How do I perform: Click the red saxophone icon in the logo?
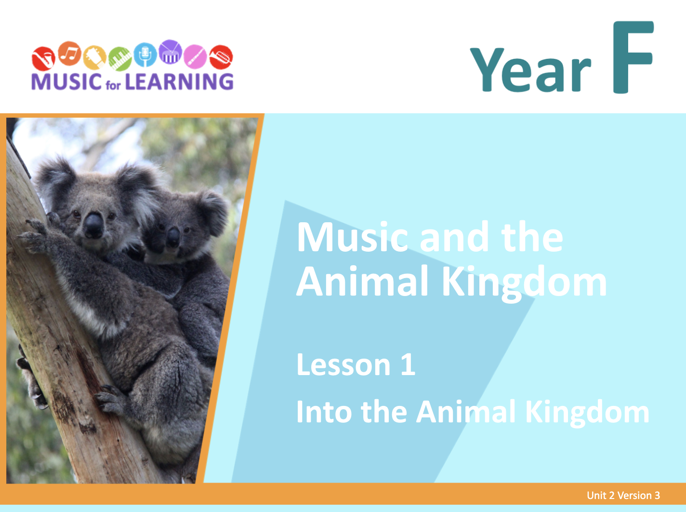coord(43,58)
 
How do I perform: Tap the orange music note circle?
coord(70,53)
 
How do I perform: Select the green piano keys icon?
coord(120,58)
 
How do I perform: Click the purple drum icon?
coord(170,52)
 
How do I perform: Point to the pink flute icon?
coord(195,56)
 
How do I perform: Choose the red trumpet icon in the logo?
coord(221,57)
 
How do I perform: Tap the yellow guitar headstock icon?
coord(95,57)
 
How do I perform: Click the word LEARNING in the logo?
coord(179,81)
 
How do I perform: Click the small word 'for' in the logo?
coord(113,85)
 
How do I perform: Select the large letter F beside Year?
coord(633,57)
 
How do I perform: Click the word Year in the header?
coord(530,70)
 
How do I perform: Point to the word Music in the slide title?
coord(352,237)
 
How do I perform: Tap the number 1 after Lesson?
coord(408,364)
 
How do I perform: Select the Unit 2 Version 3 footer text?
coord(623,496)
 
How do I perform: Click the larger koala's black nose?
coord(93,224)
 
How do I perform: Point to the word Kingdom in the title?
coord(525,282)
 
